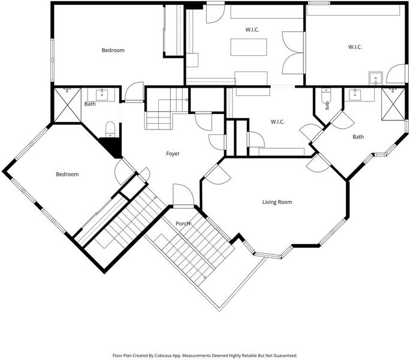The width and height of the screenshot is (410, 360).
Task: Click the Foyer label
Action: (173, 154)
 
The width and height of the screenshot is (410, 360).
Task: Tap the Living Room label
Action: (277, 202)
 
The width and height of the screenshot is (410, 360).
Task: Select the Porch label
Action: (182, 224)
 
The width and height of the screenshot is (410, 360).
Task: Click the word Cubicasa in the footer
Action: (161, 356)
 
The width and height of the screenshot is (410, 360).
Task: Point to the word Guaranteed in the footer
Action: (287, 356)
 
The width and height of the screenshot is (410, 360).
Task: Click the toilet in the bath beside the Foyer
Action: (110, 129)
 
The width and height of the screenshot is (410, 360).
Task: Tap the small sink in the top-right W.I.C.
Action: (376, 78)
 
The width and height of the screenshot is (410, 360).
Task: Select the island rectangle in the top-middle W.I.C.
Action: (248, 47)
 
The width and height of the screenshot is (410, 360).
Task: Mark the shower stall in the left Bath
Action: (68, 105)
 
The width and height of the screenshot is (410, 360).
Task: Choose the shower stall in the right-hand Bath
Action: (393, 104)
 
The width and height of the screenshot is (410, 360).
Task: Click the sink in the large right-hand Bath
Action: (355, 95)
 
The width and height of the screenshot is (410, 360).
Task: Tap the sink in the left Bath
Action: (102, 95)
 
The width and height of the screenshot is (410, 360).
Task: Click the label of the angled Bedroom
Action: (67, 175)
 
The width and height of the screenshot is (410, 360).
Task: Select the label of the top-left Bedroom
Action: (113, 50)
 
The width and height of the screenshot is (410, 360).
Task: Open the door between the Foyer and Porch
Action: (183, 196)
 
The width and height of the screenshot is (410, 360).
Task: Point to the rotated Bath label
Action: (327, 106)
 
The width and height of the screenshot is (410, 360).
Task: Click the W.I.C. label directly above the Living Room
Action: (278, 122)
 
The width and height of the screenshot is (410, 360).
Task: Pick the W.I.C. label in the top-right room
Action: (355, 47)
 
